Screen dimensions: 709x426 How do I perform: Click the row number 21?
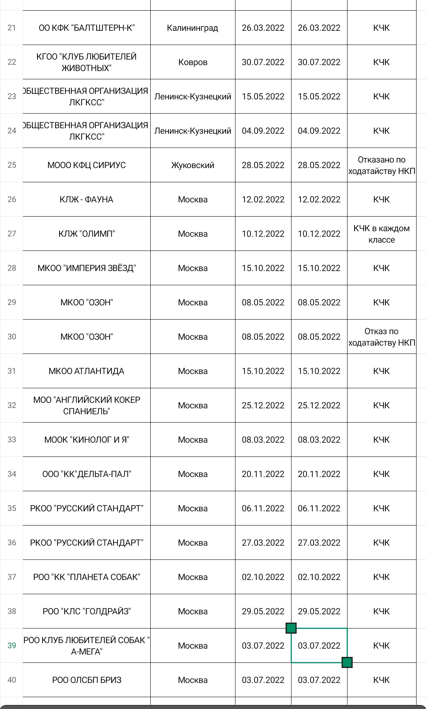[12, 28]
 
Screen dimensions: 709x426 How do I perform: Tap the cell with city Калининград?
[192, 28]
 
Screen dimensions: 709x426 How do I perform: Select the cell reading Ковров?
[192, 62]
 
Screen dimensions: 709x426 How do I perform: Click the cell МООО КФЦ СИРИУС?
[86, 165]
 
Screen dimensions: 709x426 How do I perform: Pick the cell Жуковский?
[192, 165]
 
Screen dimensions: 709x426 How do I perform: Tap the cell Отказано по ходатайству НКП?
[381, 165]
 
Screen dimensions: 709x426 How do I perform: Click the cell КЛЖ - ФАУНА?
[86, 200]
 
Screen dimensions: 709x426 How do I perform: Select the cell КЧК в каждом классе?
[381, 234]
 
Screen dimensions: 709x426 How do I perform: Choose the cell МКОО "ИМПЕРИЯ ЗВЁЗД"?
[86, 268]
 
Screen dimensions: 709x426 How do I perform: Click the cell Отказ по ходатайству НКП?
[381, 337]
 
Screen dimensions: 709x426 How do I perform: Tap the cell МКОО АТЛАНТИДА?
[86, 371]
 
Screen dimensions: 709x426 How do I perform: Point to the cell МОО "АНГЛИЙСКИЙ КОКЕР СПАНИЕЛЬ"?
[86, 406]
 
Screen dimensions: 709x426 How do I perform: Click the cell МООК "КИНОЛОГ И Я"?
[86, 440]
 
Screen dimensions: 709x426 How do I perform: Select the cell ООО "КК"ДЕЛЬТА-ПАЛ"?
[86, 474]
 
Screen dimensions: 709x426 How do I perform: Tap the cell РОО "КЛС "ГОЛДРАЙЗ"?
[86, 612]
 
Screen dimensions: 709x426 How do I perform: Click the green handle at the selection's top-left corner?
[291, 628]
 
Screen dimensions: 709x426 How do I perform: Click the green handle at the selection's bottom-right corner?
[347, 662]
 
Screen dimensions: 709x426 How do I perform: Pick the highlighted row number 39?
[12, 645]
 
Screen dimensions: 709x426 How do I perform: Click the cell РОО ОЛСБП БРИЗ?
[86, 680]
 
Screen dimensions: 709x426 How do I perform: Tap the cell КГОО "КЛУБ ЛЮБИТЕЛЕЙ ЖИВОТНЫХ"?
[86, 62]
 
